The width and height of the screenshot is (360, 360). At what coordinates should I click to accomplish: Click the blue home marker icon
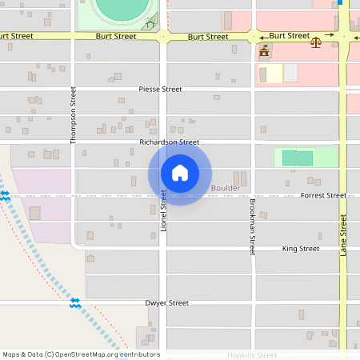[180, 173]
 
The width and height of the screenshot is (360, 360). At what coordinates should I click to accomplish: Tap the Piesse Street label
[160, 90]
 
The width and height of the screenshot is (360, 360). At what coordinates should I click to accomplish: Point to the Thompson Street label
[74, 115]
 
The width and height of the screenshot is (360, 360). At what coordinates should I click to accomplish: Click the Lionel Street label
[163, 210]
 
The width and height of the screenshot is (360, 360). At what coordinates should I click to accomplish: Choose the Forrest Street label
[323, 195]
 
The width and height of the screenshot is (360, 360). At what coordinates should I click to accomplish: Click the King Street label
[301, 249]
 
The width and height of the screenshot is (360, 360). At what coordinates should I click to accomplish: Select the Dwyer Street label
[166, 303]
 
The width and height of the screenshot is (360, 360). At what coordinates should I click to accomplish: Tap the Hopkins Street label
[252, 355]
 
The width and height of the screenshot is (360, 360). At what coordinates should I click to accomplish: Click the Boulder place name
[226, 188]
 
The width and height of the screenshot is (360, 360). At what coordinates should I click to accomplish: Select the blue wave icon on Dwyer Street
[75, 302]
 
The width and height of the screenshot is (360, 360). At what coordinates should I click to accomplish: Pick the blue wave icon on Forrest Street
[6, 194]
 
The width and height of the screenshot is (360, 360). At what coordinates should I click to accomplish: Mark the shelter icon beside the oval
[149, 24]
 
